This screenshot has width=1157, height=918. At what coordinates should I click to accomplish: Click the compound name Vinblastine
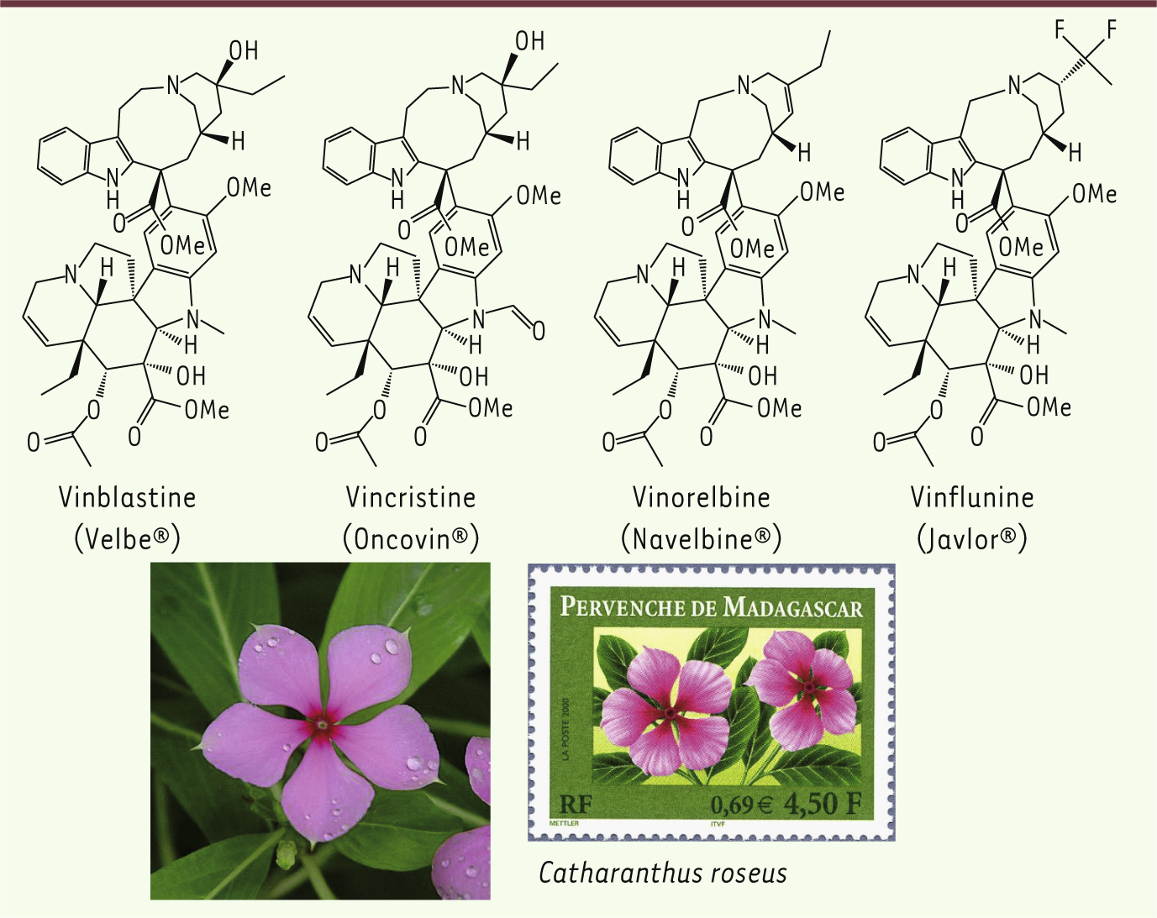[128, 498]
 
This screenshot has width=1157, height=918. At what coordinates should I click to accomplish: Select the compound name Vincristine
[411, 498]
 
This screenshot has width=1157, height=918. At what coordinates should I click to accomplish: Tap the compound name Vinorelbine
[701, 498]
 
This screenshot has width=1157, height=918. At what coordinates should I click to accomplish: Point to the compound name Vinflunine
[972, 498]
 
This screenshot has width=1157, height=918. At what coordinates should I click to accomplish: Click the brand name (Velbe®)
[128, 539]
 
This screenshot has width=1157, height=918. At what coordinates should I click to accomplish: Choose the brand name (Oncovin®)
[411, 539]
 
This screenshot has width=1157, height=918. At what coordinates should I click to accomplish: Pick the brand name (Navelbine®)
[701, 539]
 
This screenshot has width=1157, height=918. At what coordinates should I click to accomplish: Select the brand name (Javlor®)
[972, 539]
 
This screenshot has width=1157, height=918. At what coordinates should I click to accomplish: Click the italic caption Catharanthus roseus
[662, 873]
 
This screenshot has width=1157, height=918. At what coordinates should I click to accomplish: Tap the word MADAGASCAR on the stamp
[793, 608]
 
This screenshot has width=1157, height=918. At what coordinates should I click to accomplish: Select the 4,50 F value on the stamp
[823, 805]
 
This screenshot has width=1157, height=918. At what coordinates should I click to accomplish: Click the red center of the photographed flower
[322, 726]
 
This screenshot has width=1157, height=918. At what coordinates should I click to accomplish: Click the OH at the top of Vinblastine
[244, 51]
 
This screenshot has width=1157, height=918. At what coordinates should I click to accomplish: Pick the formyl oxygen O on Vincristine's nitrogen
[539, 332]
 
